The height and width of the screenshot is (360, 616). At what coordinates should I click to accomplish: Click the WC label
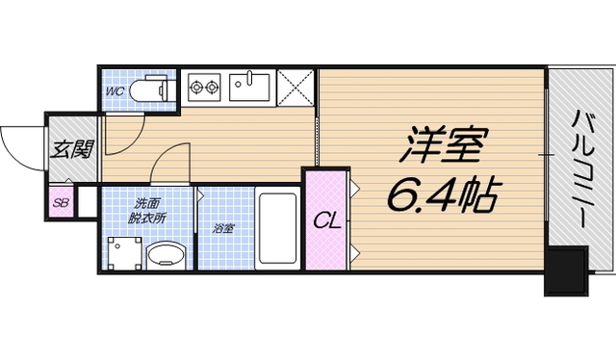tap(114, 91)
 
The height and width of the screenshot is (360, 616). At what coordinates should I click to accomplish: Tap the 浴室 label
tap(224, 229)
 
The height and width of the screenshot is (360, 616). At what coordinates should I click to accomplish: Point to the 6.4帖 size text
tap(442, 197)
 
